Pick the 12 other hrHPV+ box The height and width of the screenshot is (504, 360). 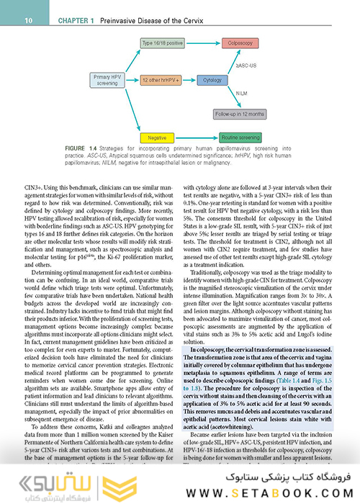159,80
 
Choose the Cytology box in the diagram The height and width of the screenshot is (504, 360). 212,80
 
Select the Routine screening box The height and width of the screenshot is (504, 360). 240,137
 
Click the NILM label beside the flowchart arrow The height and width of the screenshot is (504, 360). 243,93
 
